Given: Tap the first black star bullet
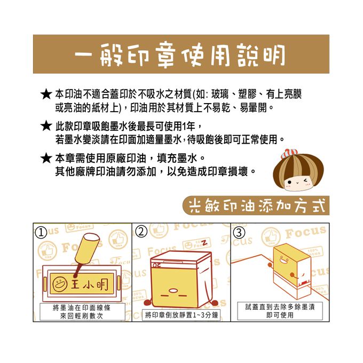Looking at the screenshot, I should [46, 94].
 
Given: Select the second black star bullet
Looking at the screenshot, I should [46, 127].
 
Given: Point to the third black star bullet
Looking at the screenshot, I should [46, 159].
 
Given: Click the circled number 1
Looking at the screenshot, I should [40, 232].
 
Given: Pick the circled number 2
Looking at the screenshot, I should [141, 232].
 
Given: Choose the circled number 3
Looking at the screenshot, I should [240, 232].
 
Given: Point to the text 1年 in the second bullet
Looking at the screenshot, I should [190, 127].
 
